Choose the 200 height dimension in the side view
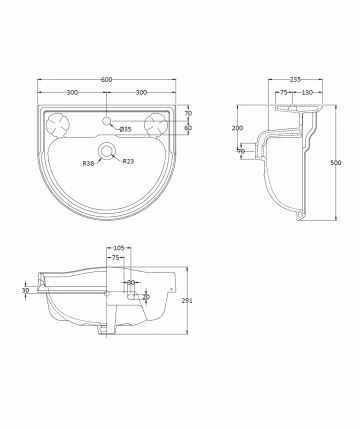238,129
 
